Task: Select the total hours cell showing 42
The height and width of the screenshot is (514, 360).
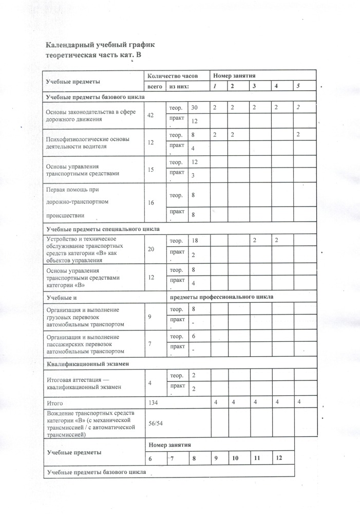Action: [151, 115]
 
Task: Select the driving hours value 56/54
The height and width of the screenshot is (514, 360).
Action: [156, 423]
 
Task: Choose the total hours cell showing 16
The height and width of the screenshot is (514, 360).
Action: [151, 203]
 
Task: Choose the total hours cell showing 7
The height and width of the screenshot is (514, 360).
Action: [149, 343]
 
